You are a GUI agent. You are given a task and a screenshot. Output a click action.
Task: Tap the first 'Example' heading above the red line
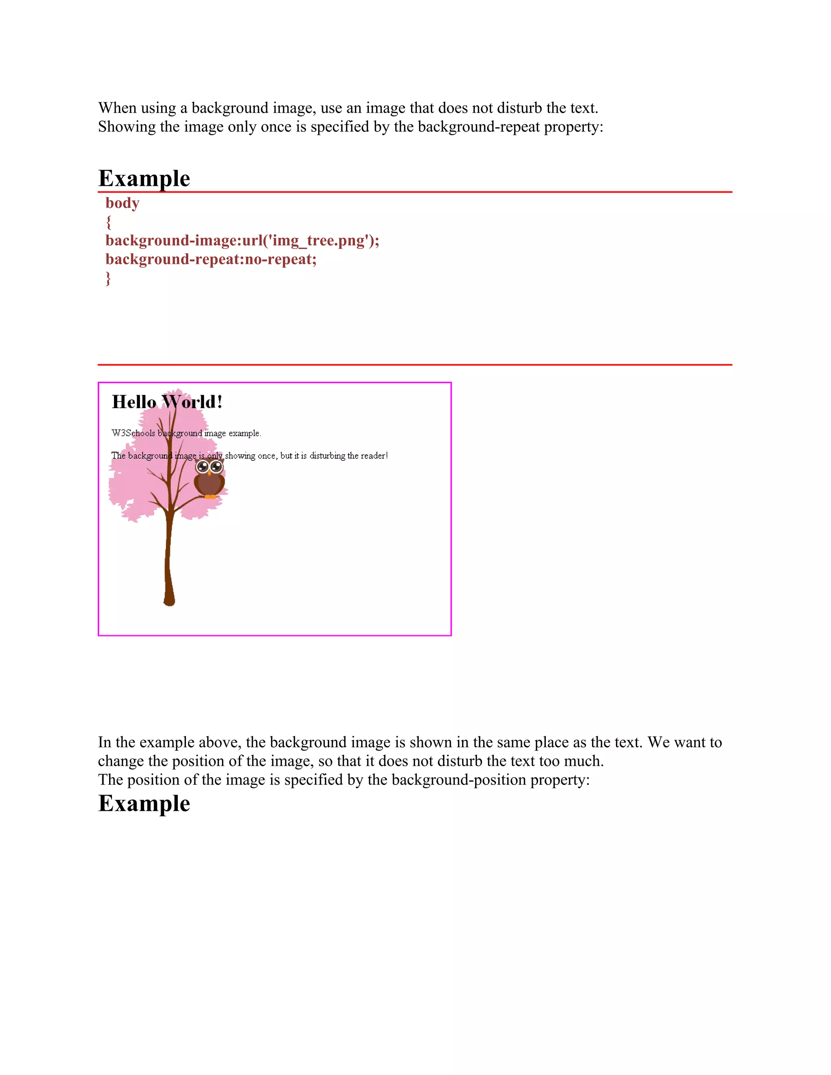point(144,178)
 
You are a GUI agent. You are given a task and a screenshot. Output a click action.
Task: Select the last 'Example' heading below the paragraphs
point(144,803)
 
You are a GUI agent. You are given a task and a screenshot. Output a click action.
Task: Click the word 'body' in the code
point(122,203)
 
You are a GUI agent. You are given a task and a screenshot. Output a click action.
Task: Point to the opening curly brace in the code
point(108,222)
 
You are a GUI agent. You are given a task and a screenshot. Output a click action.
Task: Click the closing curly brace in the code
point(108,278)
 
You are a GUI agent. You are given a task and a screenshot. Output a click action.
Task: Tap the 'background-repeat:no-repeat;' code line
point(211,259)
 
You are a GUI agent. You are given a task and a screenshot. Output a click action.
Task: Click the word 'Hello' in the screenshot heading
point(134,402)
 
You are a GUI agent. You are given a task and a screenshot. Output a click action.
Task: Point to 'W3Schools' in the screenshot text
point(133,433)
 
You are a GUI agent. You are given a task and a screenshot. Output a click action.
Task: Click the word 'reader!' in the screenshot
point(374,456)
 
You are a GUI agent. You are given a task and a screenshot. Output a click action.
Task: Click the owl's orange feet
point(210,497)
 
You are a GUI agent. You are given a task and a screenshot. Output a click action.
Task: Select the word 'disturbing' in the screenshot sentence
point(327,456)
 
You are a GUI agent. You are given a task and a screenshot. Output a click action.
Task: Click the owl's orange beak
point(209,473)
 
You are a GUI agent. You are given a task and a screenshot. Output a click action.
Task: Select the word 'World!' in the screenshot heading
point(192,402)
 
